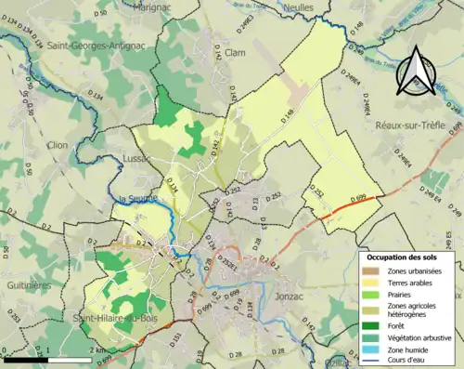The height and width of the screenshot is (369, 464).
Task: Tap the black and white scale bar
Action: click(x=45, y=359)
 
